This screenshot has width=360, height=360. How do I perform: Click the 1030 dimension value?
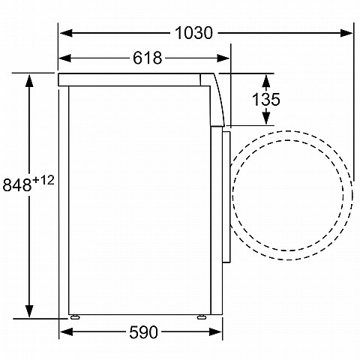[x=193, y=33]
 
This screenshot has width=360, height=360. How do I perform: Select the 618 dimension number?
[x=147, y=58]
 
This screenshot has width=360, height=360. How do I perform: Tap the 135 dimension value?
[x=265, y=99]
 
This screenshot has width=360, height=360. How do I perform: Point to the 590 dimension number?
[x=143, y=332]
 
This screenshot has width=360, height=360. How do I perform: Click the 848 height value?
[x=17, y=185]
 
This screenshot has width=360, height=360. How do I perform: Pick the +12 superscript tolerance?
[x=43, y=180]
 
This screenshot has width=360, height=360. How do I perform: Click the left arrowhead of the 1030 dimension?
[x=66, y=33]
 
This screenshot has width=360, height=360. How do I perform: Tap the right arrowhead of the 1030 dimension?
[x=346, y=33]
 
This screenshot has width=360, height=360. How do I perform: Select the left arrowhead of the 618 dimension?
[x=64, y=58]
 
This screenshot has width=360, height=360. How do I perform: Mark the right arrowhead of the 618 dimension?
[x=223, y=58]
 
